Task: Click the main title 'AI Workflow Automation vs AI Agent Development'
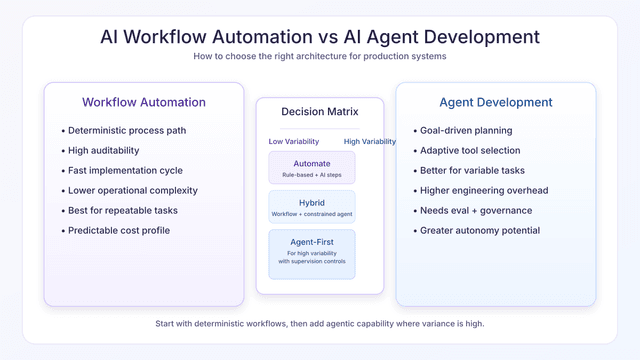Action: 320,37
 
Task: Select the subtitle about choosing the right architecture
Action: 320,57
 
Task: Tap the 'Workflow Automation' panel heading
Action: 143,102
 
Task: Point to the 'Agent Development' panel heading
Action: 496,102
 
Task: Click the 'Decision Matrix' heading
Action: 319,112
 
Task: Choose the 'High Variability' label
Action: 369,141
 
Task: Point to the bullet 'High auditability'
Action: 104,150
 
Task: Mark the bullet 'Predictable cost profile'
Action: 120,230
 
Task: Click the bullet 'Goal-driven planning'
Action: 466,130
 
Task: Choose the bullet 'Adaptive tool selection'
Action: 471,150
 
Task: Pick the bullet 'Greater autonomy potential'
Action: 480,230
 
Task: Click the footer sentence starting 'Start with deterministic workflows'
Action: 320,324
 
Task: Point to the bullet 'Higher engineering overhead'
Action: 485,190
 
